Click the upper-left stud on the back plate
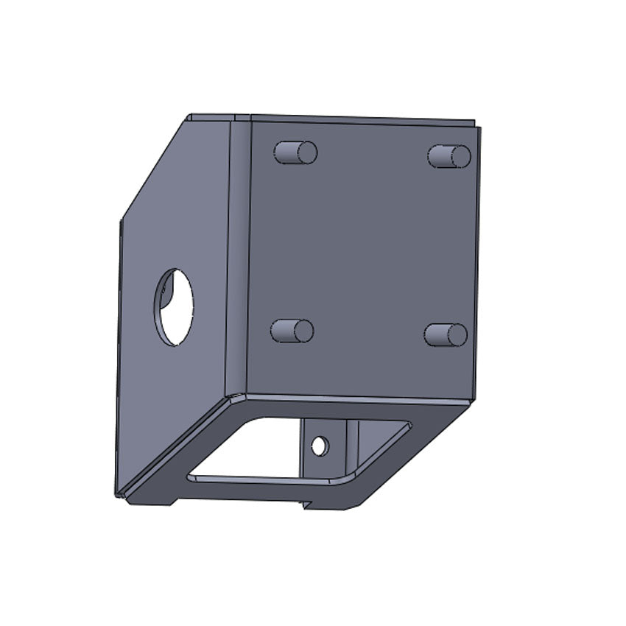pos(295,152)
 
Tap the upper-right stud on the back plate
pos(449,156)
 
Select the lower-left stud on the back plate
pos(292,331)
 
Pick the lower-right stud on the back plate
pos(446,334)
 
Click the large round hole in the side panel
pos(175,307)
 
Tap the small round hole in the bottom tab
pos(319,446)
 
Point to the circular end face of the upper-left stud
pos(307,152)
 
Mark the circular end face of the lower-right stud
pos(457,335)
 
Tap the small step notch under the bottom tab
pos(306,505)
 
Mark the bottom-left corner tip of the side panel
pos(117,493)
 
